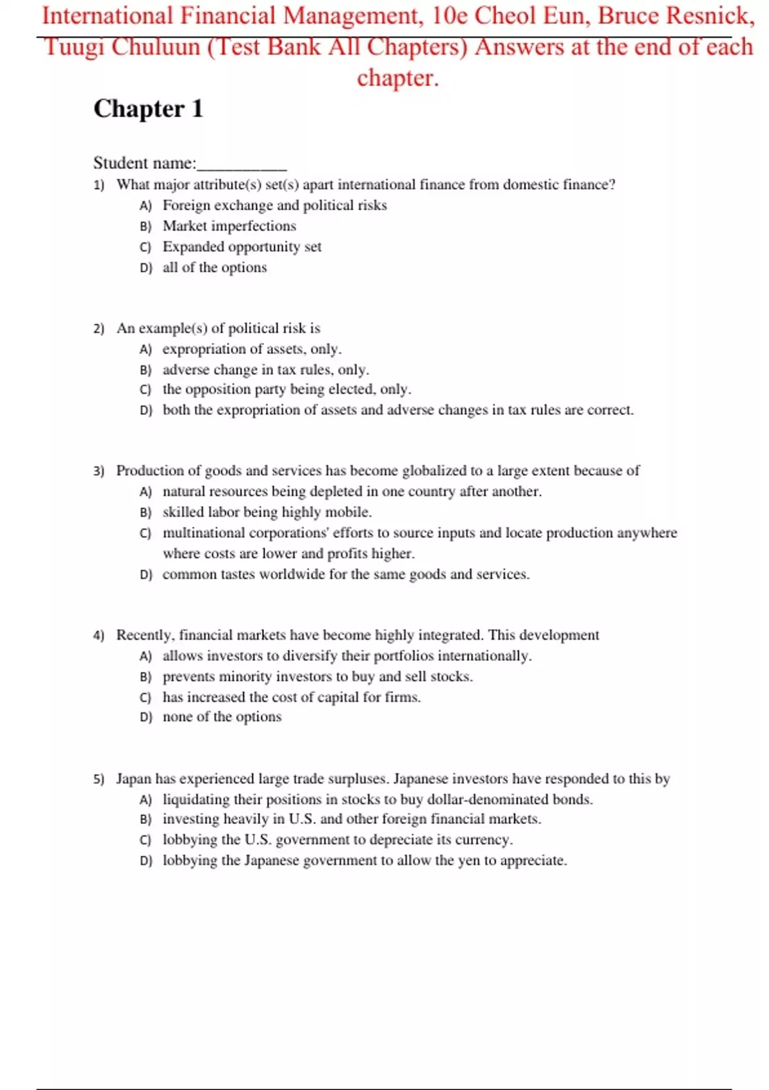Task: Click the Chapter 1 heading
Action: pos(148,109)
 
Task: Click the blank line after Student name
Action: pos(242,164)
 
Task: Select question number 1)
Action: pos(99,185)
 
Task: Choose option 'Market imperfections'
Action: pos(229,226)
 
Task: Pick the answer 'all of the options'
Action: pos(214,267)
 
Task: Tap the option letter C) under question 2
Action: pos(145,390)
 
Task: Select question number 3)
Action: pos(99,471)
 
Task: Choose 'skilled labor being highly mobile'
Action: pos(267,512)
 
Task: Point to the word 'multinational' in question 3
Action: pos(203,533)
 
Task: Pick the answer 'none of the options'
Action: pos(222,717)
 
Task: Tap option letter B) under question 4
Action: pos(145,677)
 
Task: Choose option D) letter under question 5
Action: pos(145,861)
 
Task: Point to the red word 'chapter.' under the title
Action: pos(397,78)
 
